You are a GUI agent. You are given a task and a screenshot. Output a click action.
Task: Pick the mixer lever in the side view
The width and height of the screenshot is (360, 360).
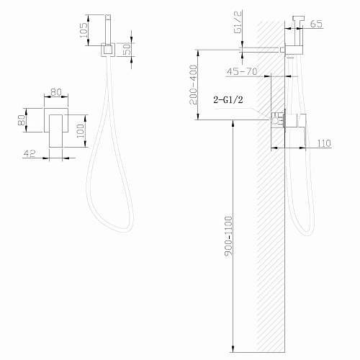click(x=302, y=130)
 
